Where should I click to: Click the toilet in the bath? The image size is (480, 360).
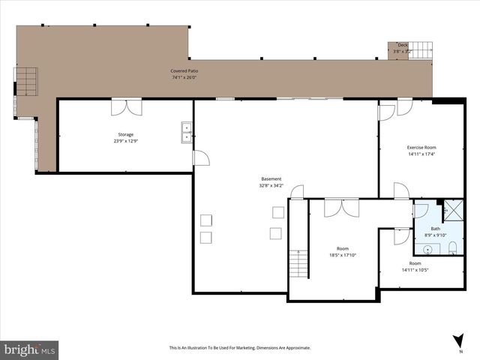(x=452, y=248)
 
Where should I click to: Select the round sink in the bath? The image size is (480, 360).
(x=427, y=249)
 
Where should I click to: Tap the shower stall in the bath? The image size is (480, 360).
(x=452, y=210)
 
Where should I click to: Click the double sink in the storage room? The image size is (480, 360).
(x=186, y=132)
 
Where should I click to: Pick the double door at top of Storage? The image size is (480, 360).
(x=125, y=107)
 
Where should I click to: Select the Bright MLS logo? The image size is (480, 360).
(x=30, y=349)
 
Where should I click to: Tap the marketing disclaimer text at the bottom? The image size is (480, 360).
(x=239, y=348)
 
